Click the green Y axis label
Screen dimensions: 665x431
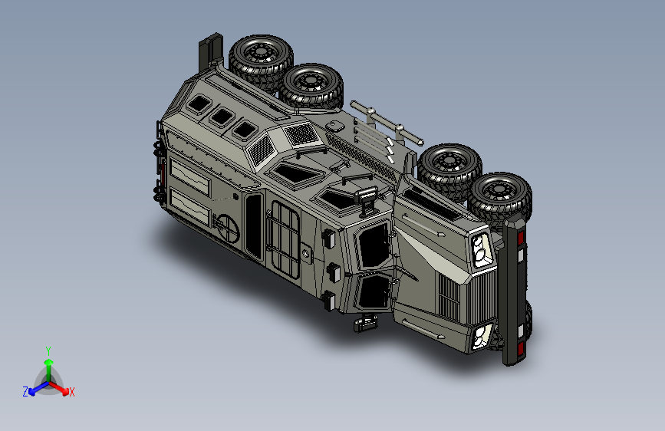click(x=48, y=350)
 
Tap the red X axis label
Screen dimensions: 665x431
click(x=71, y=393)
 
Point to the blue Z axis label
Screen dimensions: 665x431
click(x=25, y=392)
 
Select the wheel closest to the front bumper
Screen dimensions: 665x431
click(x=500, y=199)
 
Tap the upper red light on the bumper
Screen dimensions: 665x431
click(x=520, y=238)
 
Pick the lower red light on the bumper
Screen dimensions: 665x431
click(x=520, y=349)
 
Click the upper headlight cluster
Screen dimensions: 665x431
click(x=481, y=250)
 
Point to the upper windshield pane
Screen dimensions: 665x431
click(x=374, y=245)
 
